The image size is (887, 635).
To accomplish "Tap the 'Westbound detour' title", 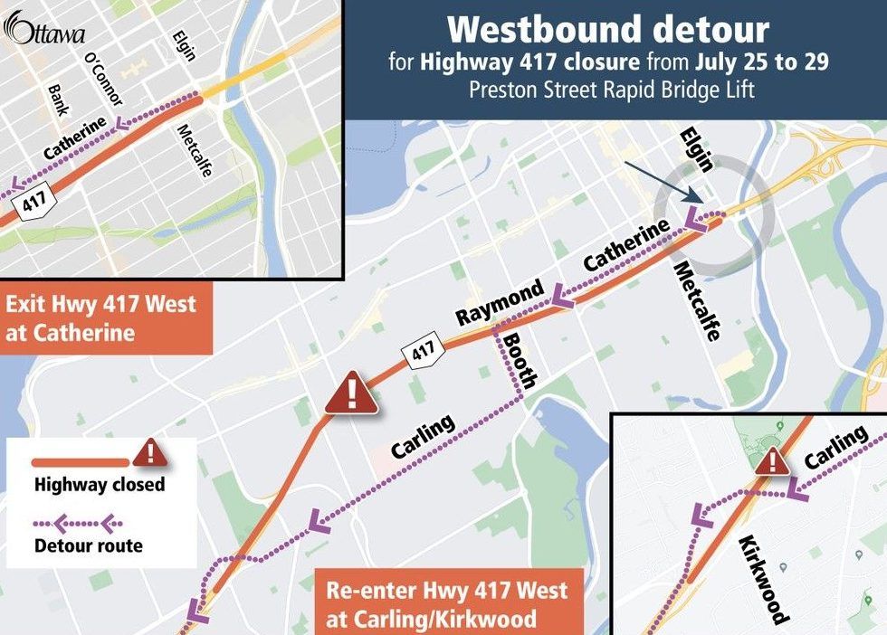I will (607, 30).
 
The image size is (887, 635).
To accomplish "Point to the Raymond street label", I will (500, 304).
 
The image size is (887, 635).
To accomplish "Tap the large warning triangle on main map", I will (351, 393).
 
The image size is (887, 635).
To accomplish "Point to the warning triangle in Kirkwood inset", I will (771, 461).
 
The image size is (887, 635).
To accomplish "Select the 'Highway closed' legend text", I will (100, 485).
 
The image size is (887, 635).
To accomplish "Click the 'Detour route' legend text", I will (88, 545).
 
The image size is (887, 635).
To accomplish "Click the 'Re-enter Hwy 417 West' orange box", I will (449, 604).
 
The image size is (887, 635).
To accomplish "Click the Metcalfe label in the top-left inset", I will (196, 150).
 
